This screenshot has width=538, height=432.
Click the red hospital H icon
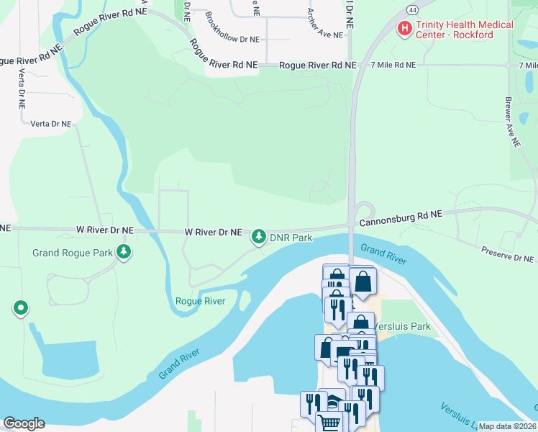405,29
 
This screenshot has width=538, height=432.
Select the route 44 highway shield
411,9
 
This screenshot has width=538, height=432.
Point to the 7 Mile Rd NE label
393,65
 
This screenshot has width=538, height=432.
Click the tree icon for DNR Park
258,236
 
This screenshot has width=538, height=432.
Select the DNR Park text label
291,238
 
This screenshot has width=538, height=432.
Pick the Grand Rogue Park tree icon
125,251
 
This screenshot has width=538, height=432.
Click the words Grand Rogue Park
73,253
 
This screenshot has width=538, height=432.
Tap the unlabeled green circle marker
21,309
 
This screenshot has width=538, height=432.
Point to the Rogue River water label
200,301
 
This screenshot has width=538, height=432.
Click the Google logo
23,423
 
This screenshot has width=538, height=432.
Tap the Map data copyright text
507,426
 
